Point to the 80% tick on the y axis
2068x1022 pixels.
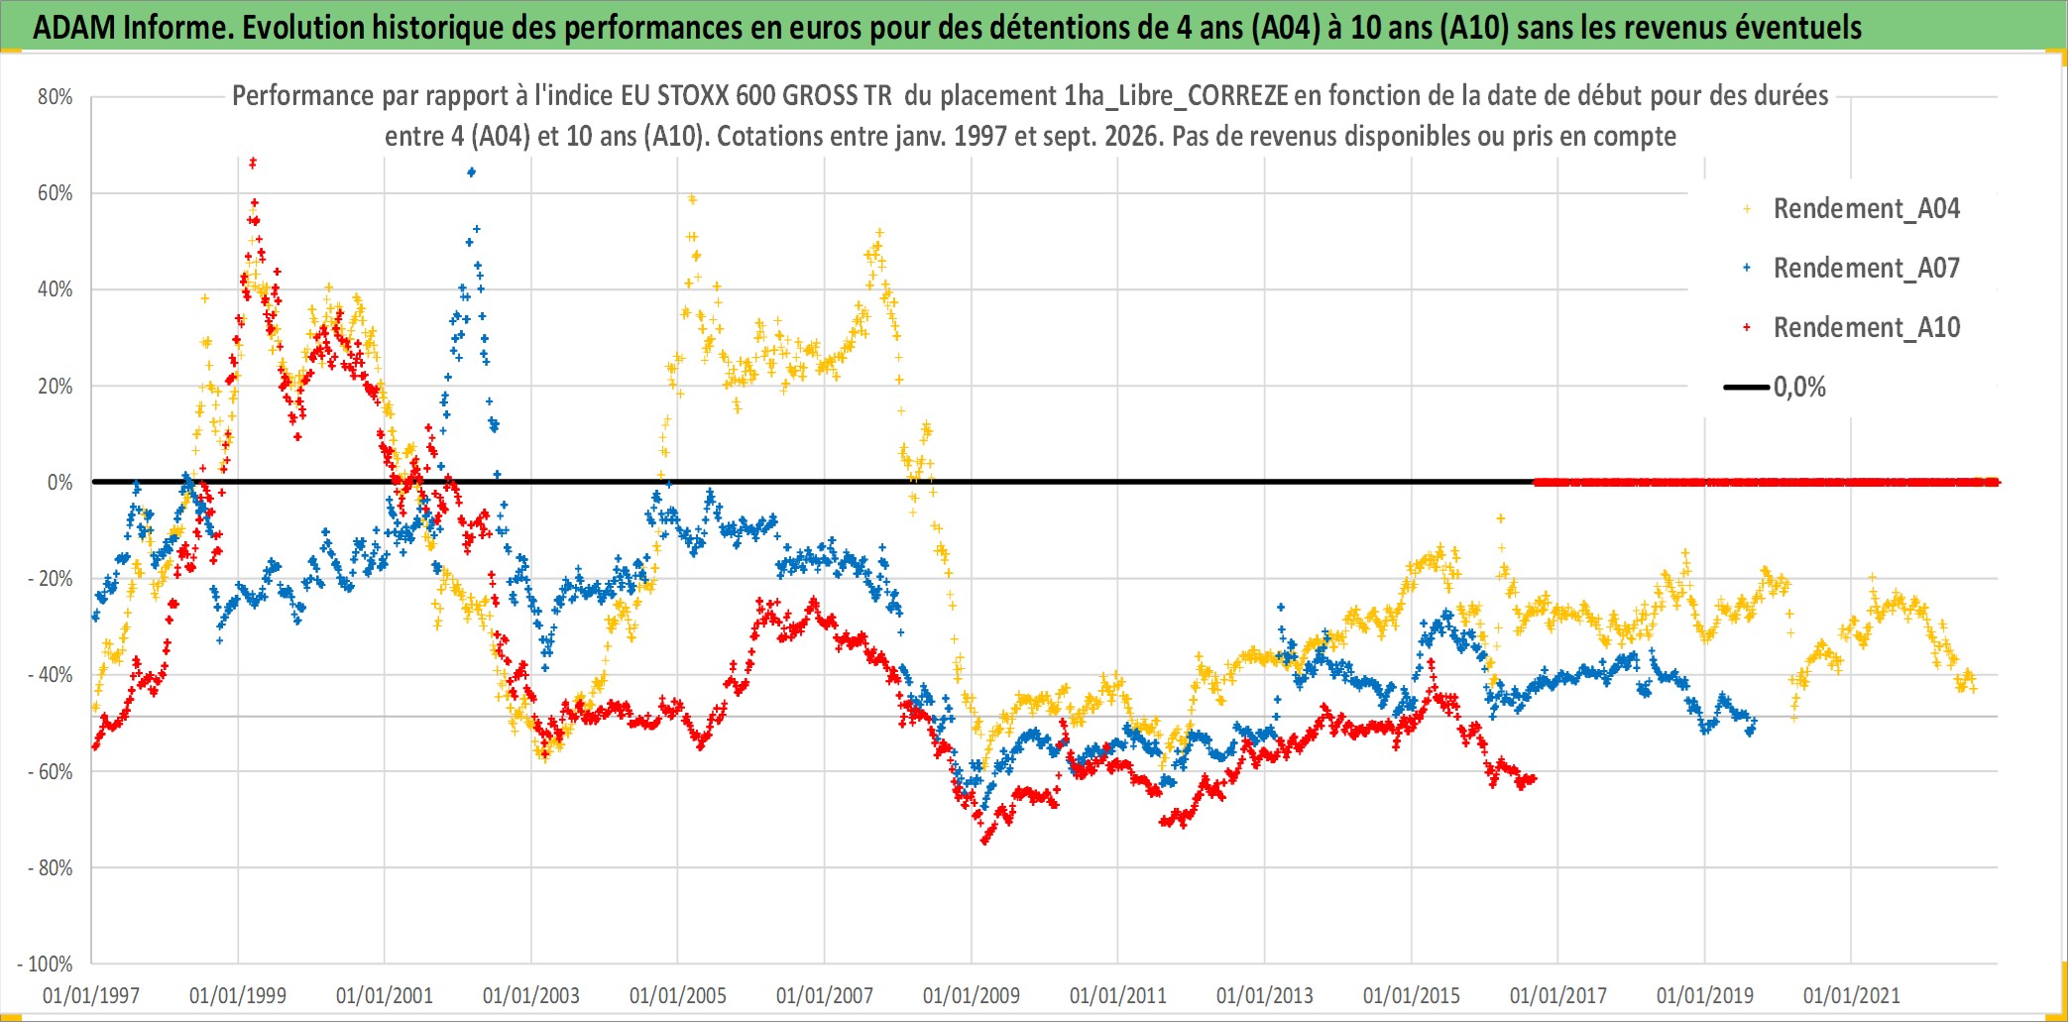pos(56,97)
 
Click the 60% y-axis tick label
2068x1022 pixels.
pos(56,193)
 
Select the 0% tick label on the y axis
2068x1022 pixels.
pos(60,483)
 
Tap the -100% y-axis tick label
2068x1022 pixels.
pos(46,965)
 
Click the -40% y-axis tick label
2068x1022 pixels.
pos(50,675)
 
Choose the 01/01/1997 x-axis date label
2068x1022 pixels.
pos(91,995)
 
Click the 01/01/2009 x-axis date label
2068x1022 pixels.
pos(972,995)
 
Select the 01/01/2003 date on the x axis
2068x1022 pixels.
pos(531,995)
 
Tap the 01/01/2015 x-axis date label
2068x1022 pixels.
pos(1412,995)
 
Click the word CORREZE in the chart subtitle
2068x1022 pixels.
pos(1238,96)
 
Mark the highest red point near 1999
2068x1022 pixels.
pos(253,163)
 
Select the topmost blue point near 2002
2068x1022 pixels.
pos(471,172)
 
